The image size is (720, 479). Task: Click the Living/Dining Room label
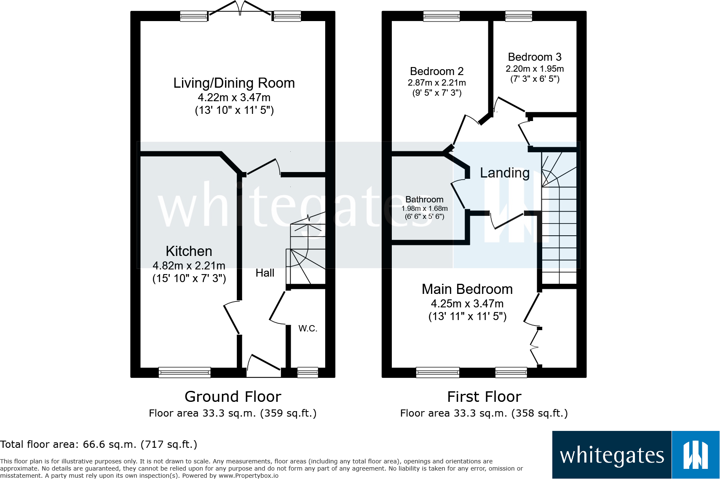(234, 83)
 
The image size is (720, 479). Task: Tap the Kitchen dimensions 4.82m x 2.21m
(189, 266)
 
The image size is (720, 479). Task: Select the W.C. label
(308, 328)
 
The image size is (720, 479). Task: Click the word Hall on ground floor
(265, 273)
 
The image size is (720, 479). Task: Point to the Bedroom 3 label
(534, 57)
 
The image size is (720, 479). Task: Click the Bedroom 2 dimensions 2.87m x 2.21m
(436, 83)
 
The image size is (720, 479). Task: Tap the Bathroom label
(424, 199)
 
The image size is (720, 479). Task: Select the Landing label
(505, 173)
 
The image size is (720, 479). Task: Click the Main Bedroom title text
(467, 289)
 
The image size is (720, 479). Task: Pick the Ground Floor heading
(233, 397)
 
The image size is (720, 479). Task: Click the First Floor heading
(484, 397)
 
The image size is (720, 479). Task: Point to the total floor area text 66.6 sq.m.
(99, 444)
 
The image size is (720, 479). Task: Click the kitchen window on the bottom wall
(185, 372)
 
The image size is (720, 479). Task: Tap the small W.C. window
(308, 372)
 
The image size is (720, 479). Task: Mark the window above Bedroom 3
(518, 16)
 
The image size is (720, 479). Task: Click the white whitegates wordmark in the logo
(612, 455)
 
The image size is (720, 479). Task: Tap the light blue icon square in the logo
(695, 455)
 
